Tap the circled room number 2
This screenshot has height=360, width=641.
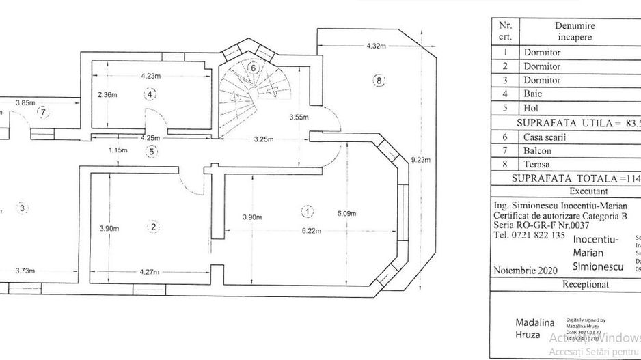coord(154,227)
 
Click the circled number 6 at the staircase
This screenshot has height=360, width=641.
coord(253,68)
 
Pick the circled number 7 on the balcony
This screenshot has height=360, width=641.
coord(44,111)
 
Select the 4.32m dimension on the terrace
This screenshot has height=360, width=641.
coord(371,46)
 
